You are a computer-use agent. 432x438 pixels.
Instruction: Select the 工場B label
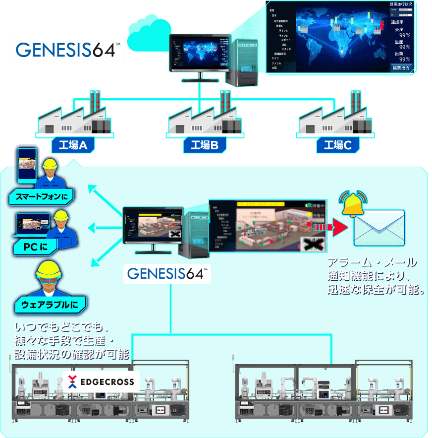[205, 145]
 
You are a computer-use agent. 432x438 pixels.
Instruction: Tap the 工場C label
[337, 145]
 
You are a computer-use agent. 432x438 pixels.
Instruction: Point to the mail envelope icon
[379, 228]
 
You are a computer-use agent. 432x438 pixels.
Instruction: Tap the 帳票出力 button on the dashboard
[401, 67]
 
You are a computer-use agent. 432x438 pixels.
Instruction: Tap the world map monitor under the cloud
[198, 55]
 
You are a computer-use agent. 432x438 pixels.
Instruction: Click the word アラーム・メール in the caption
[372, 263]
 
